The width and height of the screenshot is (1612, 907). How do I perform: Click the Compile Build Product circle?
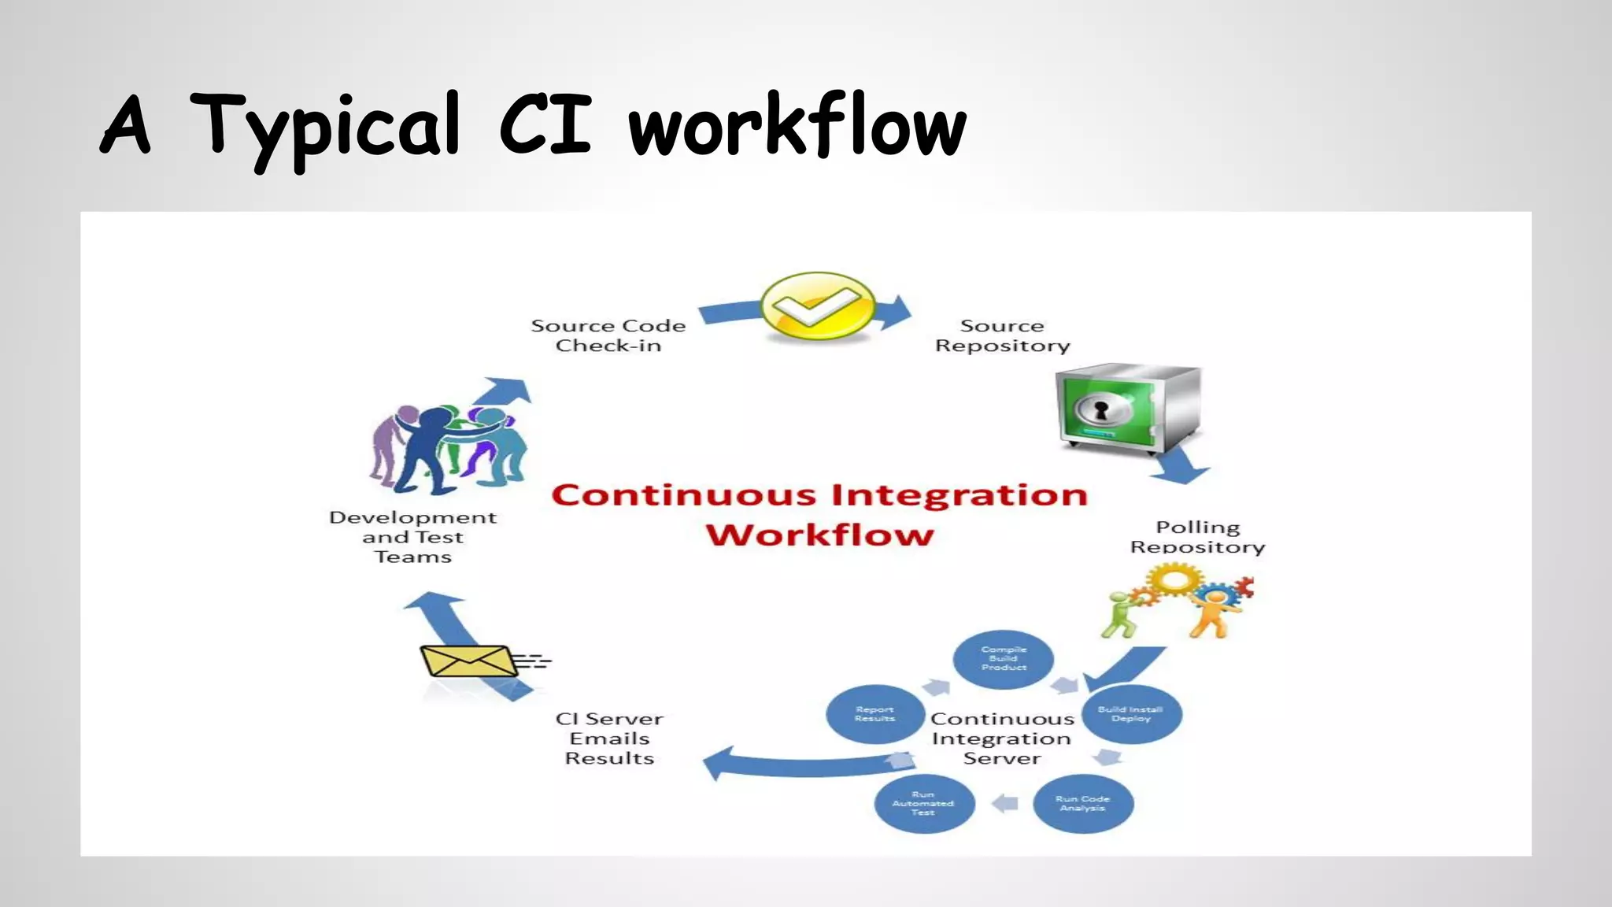(x=1004, y=658)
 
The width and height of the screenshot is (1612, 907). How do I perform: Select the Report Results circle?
(x=874, y=714)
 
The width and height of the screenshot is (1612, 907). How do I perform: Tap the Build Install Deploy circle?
(x=1131, y=714)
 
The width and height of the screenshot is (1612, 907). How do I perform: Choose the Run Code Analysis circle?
(x=1082, y=803)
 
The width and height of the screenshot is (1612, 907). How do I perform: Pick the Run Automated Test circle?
(x=923, y=803)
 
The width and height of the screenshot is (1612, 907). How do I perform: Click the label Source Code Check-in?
(x=608, y=335)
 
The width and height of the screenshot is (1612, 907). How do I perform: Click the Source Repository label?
(x=1002, y=335)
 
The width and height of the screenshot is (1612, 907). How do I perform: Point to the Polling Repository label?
(x=1197, y=537)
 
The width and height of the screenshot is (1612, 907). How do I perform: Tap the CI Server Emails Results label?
(x=609, y=739)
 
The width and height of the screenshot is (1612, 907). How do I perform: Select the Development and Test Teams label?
(x=412, y=537)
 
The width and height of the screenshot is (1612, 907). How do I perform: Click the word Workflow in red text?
(x=819, y=535)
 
